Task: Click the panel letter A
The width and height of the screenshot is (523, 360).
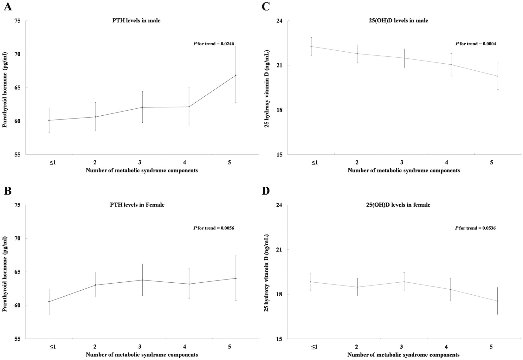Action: tap(8, 7)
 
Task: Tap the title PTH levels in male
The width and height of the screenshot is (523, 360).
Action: tap(136, 21)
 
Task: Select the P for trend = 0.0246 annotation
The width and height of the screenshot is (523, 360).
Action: tap(214, 44)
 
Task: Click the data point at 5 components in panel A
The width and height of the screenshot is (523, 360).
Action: tap(236, 75)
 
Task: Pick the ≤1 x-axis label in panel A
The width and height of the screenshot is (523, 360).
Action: tap(52, 163)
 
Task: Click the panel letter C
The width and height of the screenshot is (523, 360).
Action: tap(266, 7)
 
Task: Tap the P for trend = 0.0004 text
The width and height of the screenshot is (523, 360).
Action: tap(475, 44)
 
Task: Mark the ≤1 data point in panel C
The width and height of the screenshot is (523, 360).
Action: tap(311, 46)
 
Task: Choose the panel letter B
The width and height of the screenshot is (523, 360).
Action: tap(8, 191)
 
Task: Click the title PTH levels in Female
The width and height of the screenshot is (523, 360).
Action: tap(137, 205)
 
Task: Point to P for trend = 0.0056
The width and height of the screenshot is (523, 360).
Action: tap(214, 228)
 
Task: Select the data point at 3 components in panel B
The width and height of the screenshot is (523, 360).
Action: tap(142, 280)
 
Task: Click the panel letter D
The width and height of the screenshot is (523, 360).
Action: tap(266, 191)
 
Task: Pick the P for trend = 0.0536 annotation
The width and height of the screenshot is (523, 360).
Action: tap(475, 228)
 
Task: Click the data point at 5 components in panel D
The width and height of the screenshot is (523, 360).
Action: tap(498, 301)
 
